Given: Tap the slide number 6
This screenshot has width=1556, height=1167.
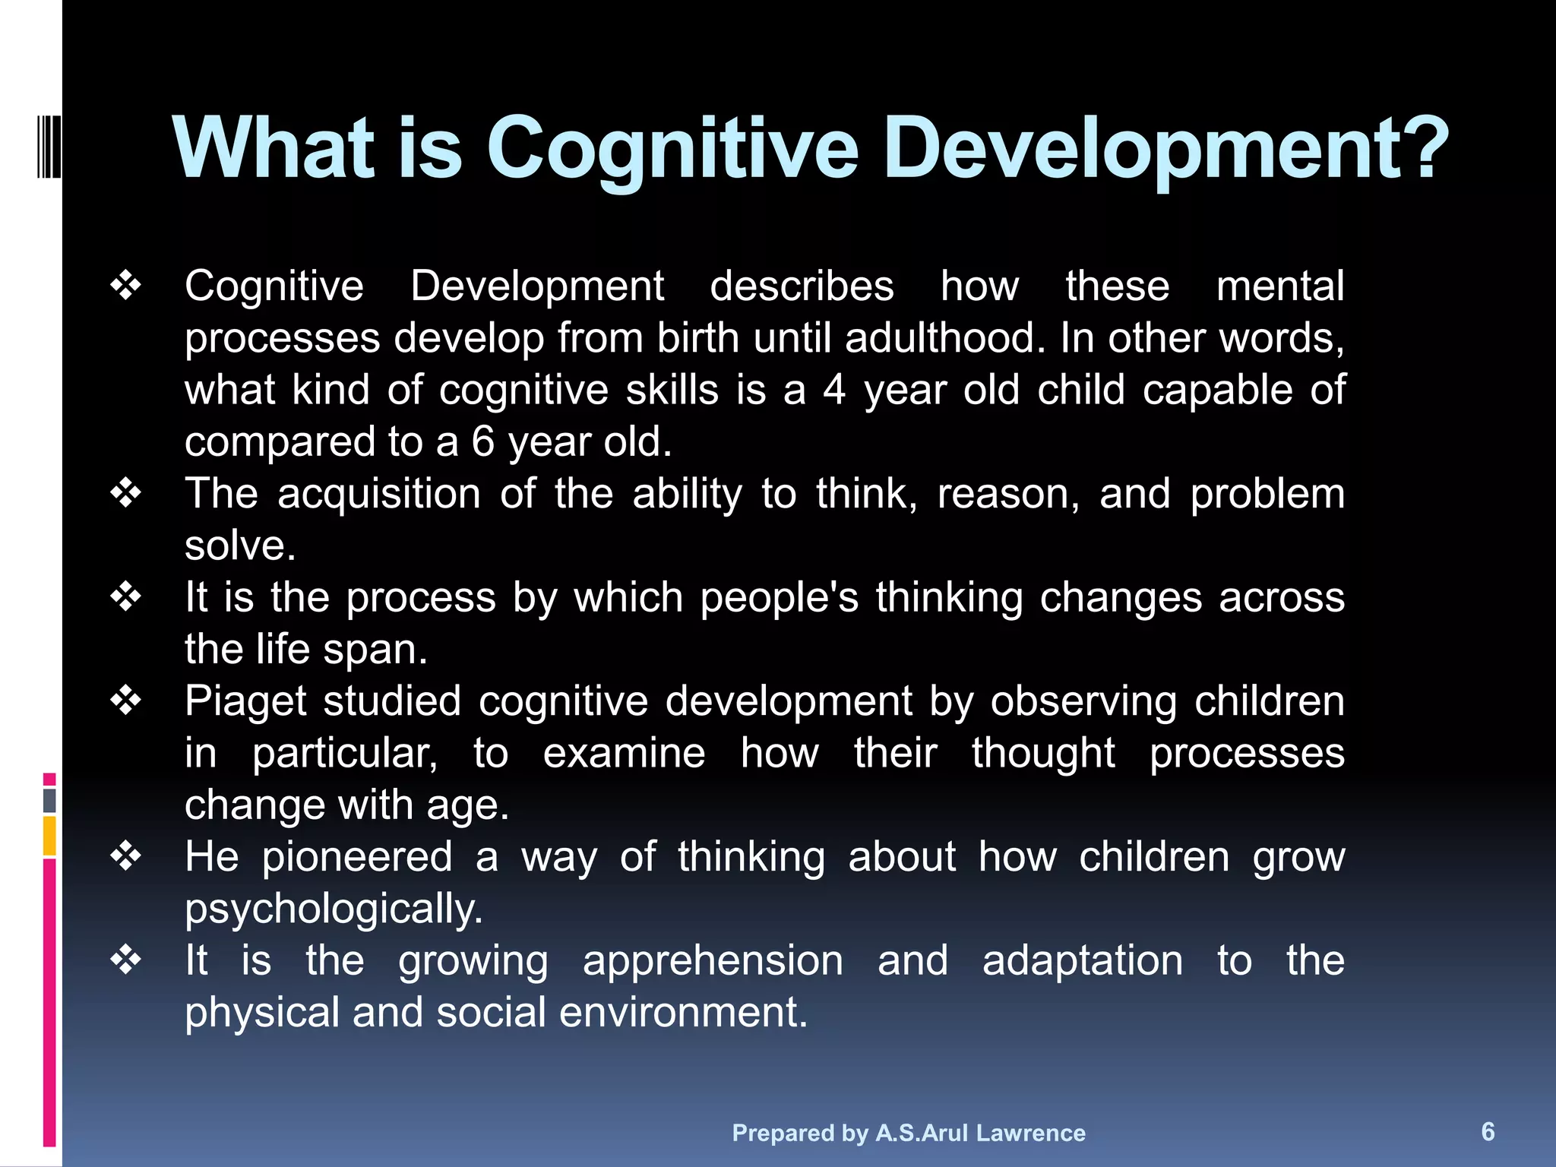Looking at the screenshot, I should click(x=1488, y=1131).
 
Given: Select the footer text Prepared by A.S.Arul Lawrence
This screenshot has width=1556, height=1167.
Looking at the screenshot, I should click(x=909, y=1133).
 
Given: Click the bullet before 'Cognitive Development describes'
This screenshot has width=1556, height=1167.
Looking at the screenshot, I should click(x=125, y=286).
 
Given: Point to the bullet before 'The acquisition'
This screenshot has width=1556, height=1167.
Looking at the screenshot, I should click(x=125, y=494).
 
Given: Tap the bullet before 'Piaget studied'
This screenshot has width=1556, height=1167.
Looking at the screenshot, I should click(x=125, y=701).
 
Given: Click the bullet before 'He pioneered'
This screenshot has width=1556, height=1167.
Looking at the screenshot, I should click(x=125, y=857).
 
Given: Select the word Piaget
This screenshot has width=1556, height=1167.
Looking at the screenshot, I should click(x=246, y=702).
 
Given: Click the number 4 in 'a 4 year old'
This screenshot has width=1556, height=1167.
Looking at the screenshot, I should click(x=834, y=390).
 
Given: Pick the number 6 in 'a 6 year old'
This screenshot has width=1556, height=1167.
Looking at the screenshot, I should click(x=483, y=441).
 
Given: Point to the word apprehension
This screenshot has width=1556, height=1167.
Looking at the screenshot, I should click(x=713, y=961).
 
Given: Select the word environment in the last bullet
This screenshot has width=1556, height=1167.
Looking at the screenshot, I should click(x=683, y=1013).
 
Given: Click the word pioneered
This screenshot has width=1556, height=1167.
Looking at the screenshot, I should click(x=357, y=858).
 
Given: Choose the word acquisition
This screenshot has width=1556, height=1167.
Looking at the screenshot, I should click(x=378, y=495).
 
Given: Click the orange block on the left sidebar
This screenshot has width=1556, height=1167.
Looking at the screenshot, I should click(x=49, y=835).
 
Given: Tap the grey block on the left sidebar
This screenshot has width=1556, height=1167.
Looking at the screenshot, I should click(x=49, y=800).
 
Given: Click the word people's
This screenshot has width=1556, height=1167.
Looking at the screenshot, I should click(x=779, y=598).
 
